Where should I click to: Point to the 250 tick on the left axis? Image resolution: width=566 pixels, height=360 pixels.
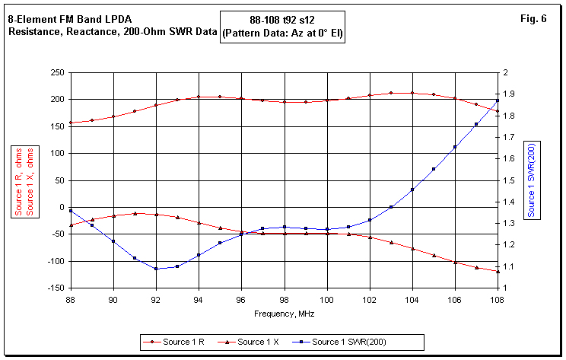click(55, 72)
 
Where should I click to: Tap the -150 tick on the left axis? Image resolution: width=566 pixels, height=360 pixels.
click(53, 288)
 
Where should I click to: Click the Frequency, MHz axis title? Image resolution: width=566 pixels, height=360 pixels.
click(284, 313)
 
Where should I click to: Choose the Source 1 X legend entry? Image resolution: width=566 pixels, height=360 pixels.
click(262, 342)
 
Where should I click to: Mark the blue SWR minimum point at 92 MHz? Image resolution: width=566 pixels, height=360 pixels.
click(156, 269)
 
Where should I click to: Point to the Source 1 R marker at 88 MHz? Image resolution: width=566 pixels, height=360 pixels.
click(71, 123)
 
